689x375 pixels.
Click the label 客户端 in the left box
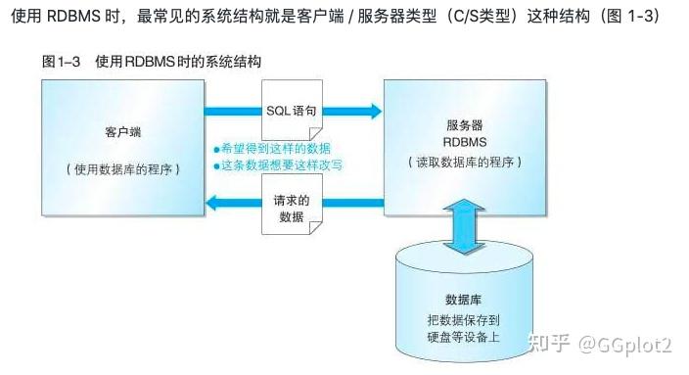click(122, 131)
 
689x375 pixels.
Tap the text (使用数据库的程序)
click(122, 167)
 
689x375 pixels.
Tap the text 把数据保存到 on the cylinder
click(462, 320)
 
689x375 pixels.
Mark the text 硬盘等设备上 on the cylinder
click(462, 338)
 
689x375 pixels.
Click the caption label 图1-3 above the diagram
click(62, 62)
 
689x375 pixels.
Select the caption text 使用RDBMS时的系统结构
click(177, 62)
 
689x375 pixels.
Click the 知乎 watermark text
click(549, 345)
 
